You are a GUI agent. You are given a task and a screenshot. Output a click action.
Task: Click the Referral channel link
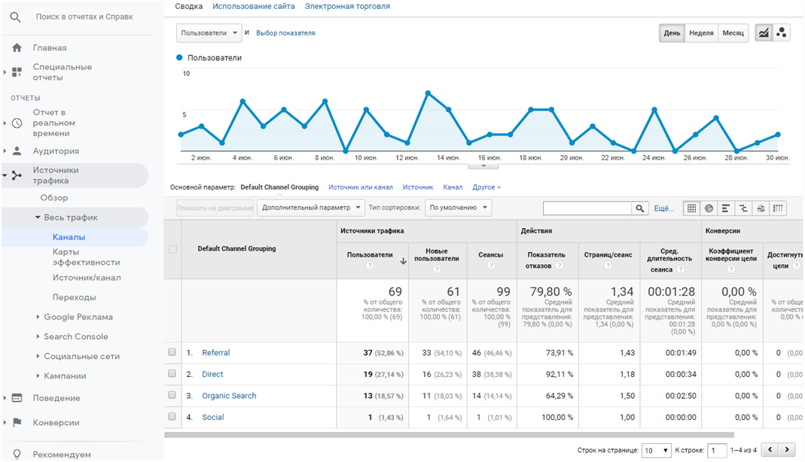pos(215,353)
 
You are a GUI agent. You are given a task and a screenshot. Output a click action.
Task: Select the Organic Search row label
pos(229,396)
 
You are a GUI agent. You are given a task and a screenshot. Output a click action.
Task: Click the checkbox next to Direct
pos(172,374)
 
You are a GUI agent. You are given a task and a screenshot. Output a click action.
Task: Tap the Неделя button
pos(701,33)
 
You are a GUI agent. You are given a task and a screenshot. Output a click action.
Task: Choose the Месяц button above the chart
pos(733,33)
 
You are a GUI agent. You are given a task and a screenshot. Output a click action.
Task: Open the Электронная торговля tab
pos(347,6)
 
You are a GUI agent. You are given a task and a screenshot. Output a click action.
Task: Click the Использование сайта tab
pos(253,6)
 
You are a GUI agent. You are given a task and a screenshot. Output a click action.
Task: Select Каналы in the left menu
pos(69,237)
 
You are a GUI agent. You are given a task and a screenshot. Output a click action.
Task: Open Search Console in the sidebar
pos(75,336)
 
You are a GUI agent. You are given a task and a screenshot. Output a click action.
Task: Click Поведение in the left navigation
pos(56,398)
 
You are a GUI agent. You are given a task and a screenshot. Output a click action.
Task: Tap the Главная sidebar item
pos(49,47)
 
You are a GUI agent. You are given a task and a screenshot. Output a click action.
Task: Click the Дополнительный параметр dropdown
pos(311,208)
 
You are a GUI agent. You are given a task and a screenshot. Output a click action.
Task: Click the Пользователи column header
pos(370,255)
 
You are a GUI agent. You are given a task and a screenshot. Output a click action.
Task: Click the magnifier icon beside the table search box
pos(639,208)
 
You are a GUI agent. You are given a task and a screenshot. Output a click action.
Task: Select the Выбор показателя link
pos(285,33)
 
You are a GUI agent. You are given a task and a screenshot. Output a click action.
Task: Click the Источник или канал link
pos(360,187)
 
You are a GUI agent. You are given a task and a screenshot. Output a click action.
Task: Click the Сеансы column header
pos(490,255)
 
